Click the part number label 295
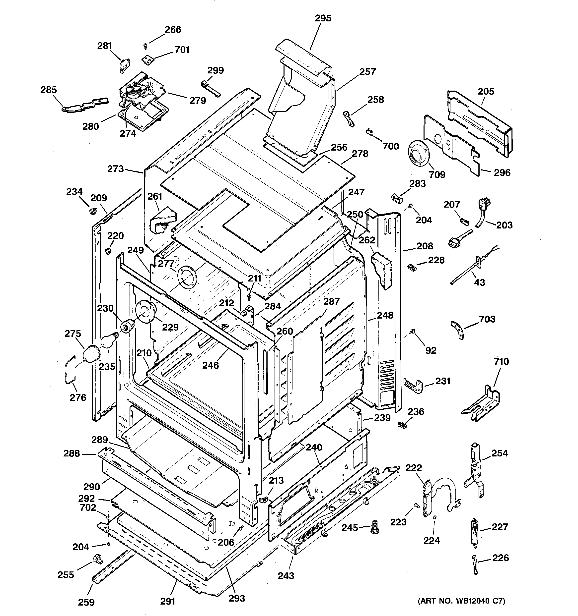coord(323,18)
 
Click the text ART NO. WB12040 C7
coord(461,601)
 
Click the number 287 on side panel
coord(331,301)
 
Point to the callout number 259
coord(86,602)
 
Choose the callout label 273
coord(115,169)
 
